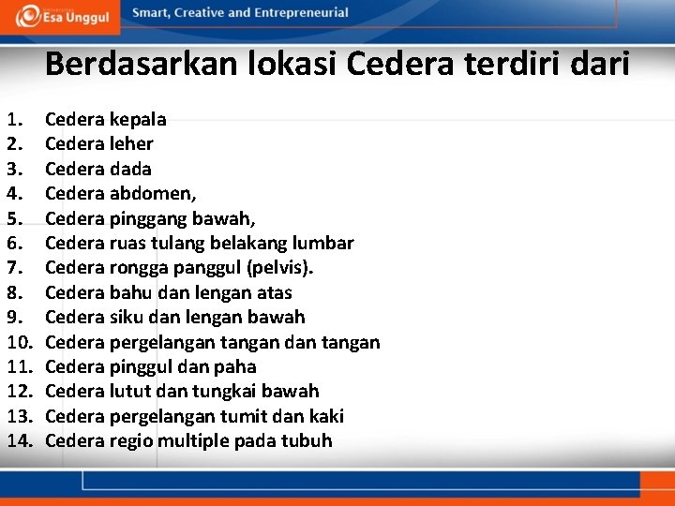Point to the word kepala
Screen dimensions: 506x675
(x=138, y=119)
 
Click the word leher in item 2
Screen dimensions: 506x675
(x=131, y=143)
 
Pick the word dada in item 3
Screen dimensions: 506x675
(x=130, y=169)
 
